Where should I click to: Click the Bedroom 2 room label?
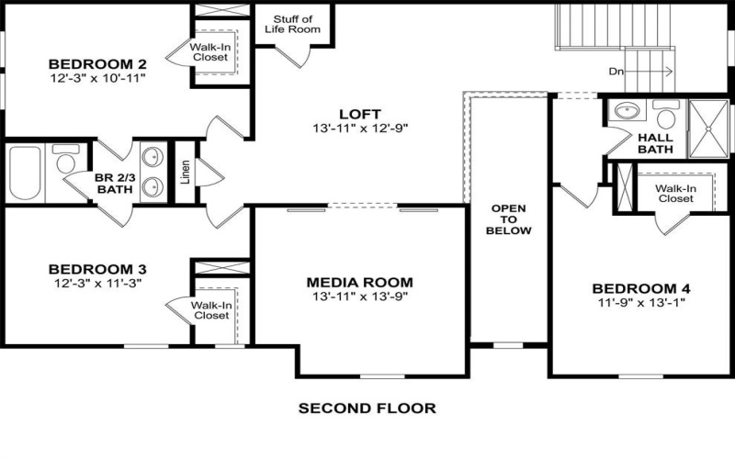pos(97,64)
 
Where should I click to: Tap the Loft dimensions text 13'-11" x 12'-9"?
pos(359,129)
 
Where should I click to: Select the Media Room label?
pos(359,282)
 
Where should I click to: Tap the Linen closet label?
pos(185,173)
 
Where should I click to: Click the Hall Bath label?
pos(655,143)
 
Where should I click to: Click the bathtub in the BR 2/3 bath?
pos(25,173)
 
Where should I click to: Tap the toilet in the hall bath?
pos(664,115)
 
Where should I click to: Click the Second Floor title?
pos(367,408)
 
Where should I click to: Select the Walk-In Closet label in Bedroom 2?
pos(209,51)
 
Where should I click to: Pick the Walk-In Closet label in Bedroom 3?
pos(210,310)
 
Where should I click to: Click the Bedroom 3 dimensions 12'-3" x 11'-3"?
pos(97,284)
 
